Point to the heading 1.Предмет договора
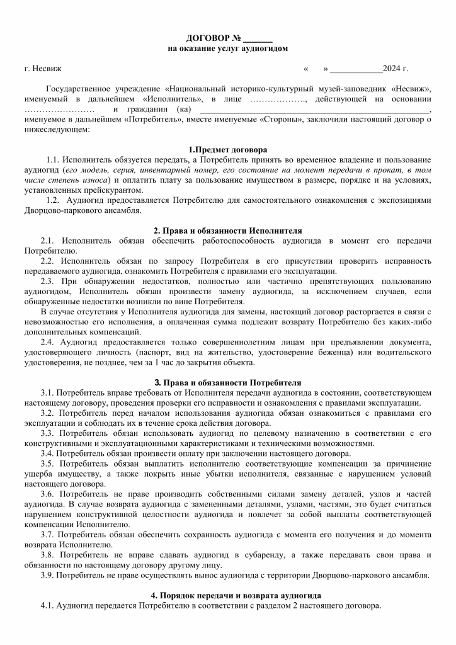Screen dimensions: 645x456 (228, 150)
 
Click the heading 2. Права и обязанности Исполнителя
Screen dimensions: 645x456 (228, 231)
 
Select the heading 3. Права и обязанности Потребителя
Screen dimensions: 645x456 (228, 382)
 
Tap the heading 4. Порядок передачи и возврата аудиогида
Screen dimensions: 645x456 (228, 595)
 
